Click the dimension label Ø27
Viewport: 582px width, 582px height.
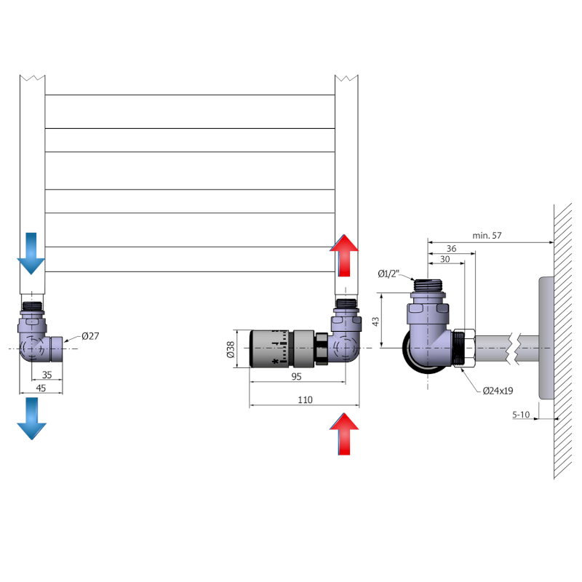pos(90,335)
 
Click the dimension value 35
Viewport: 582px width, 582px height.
pos(47,375)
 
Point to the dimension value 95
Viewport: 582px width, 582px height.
pos(297,376)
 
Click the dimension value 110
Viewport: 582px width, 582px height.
pos(305,399)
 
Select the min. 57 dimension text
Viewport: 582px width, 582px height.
pos(487,236)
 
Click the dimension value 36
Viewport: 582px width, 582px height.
pos(451,249)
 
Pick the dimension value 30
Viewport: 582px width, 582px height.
pos(445,260)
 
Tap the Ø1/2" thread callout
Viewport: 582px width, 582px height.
pos(388,274)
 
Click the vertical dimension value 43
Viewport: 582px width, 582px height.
pos(375,321)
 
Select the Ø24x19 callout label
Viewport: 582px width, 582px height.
pos(498,391)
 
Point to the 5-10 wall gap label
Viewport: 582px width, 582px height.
pos(521,415)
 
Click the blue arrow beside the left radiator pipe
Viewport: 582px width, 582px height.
pos(31,252)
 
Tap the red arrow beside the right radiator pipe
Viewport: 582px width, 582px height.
pos(345,255)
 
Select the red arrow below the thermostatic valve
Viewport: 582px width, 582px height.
pos(345,434)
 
